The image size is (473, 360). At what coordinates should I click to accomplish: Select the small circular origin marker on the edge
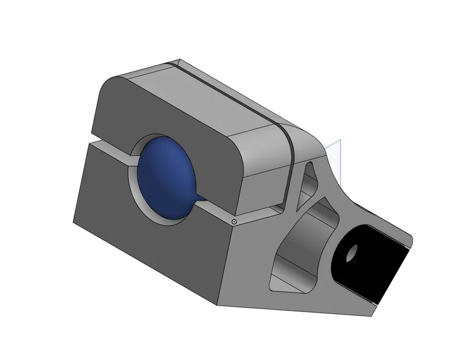(x=234, y=221)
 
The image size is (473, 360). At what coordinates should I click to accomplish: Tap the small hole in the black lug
(x=352, y=252)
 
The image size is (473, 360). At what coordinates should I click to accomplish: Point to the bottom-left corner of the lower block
(x=74, y=222)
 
